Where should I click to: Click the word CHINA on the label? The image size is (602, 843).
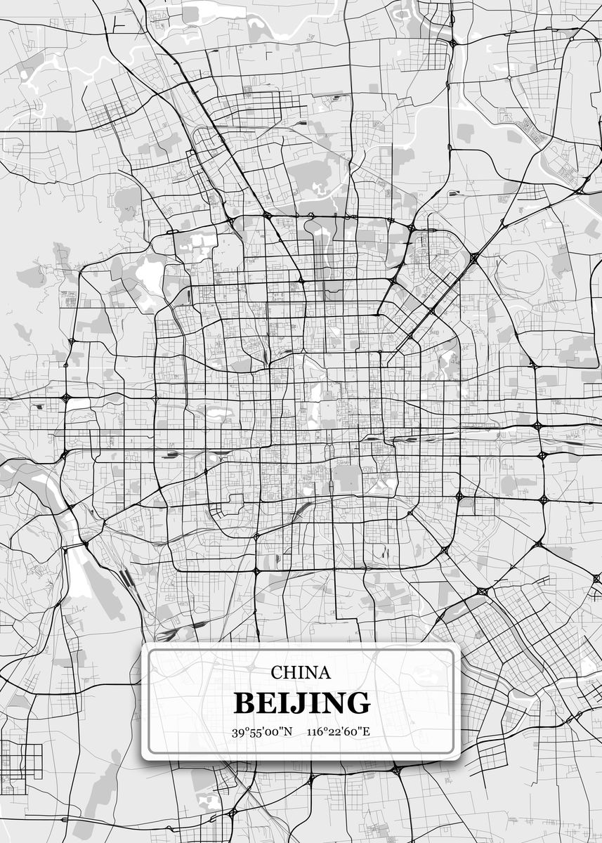pos(301,672)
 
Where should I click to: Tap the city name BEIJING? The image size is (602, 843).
pos(301,702)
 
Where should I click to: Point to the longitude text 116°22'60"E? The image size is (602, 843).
pos(338,732)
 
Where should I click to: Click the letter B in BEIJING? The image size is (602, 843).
pos(244,702)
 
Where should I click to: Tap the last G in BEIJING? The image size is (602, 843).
pos(357,702)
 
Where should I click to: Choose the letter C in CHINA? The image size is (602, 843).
pos(277,672)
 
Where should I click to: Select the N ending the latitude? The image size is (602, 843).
pos(288,732)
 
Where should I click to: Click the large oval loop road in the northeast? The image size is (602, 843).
pos(521,271)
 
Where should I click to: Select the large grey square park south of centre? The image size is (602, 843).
pos(346,478)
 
